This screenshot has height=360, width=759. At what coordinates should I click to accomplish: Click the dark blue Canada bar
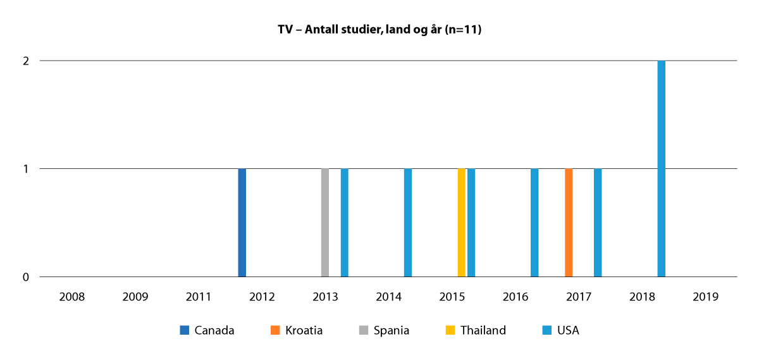(242, 223)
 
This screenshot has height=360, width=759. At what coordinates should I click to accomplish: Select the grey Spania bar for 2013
(325, 223)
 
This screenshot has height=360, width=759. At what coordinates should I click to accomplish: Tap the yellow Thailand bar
(461, 223)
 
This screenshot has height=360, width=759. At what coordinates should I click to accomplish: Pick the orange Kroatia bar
(569, 223)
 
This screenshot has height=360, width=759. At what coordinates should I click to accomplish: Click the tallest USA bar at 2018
(661, 169)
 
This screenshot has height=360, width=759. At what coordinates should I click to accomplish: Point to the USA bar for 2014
(408, 223)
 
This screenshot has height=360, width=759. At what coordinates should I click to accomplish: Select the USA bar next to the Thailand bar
(471, 223)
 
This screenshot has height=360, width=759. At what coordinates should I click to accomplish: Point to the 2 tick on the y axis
(27, 61)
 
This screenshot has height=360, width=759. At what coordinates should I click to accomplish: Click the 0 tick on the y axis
(27, 277)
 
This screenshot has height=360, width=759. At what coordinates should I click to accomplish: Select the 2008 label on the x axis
(72, 296)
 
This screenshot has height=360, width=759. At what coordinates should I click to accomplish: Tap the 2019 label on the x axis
(705, 296)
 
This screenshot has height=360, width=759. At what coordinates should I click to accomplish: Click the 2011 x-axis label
(199, 296)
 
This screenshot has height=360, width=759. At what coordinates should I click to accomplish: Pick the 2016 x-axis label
(515, 296)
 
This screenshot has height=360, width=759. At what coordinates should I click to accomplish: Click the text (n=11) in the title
(462, 29)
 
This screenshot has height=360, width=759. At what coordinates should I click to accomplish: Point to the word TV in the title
(285, 29)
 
